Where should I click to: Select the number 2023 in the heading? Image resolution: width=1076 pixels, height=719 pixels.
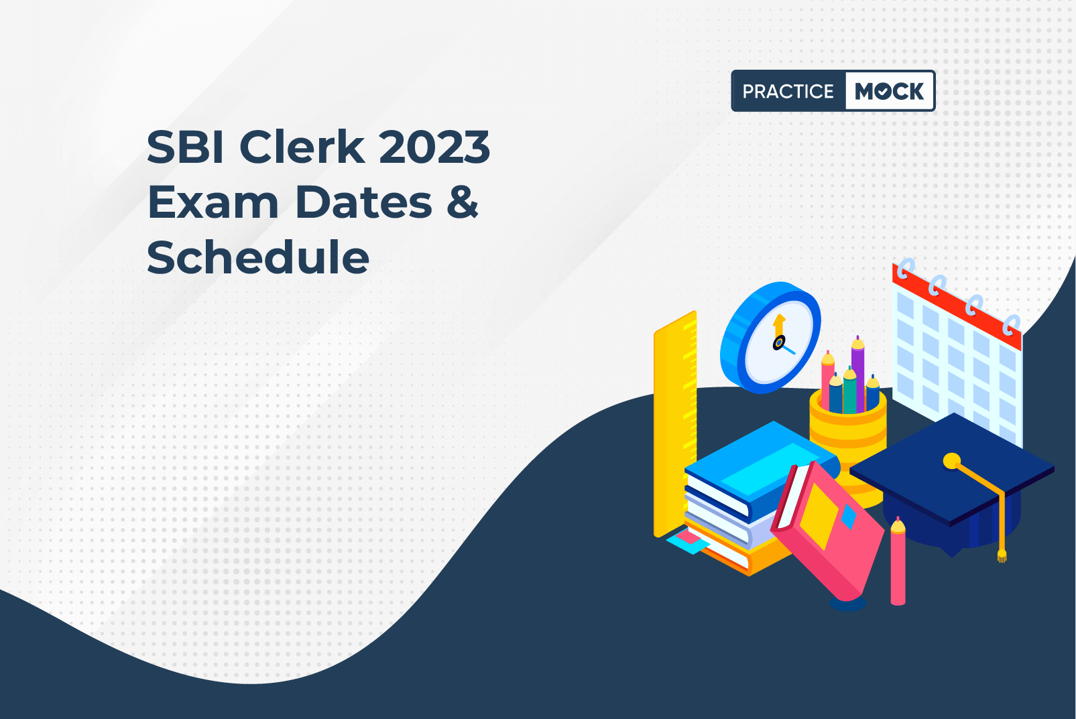click(x=434, y=147)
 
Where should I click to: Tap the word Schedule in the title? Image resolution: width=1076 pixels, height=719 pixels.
click(x=258, y=257)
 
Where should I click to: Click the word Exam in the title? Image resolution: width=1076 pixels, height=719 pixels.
click(x=213, y=202)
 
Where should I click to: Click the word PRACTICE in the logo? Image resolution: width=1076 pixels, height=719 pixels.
click(x=788, y=91)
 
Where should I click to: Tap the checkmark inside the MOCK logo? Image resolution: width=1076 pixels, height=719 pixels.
click(x=884, y=91)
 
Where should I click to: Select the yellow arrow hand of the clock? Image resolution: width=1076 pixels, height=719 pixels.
click(x=779, y=326)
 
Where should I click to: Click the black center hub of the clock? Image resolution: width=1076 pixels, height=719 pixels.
click(x=778, y=342)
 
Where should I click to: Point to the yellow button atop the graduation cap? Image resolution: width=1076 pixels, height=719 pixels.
click(x=951, y=461)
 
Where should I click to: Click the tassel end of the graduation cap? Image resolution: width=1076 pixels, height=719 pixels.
click(x=1002, y=555)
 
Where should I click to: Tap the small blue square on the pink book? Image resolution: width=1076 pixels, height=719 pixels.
click(x=849, y=517)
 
